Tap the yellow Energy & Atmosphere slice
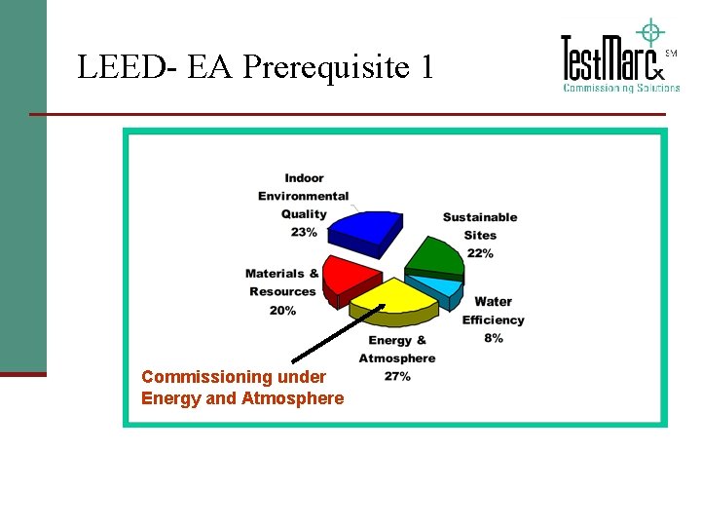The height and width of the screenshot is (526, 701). (x=393, y=299)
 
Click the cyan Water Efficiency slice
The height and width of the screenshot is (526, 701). (x=438, y=288)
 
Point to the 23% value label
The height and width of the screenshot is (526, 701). (x=304, y=232)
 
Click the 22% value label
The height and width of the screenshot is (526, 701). (x=480, y=253)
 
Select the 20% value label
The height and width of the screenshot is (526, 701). (x=282, y=310)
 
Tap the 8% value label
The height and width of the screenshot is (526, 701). (x=493, y=338)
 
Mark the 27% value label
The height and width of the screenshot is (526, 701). (x=397, y=376)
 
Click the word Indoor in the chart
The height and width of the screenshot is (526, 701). (x=304, y=177)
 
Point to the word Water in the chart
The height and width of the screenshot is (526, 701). (x=493, y=302)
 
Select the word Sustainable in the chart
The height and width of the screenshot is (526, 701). (x=480, y=217)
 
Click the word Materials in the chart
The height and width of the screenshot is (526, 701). (x=274, y=274)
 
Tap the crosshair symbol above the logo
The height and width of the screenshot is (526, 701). (x=648, y=30)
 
